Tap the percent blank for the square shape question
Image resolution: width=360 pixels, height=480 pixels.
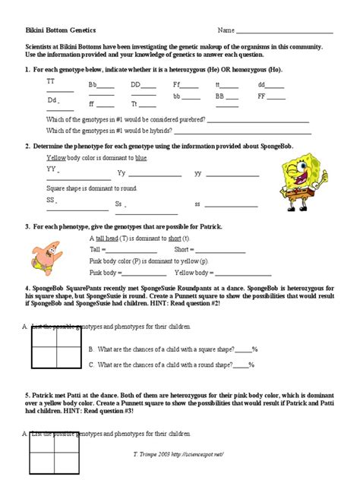243,350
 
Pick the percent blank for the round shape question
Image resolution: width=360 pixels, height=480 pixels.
243,365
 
